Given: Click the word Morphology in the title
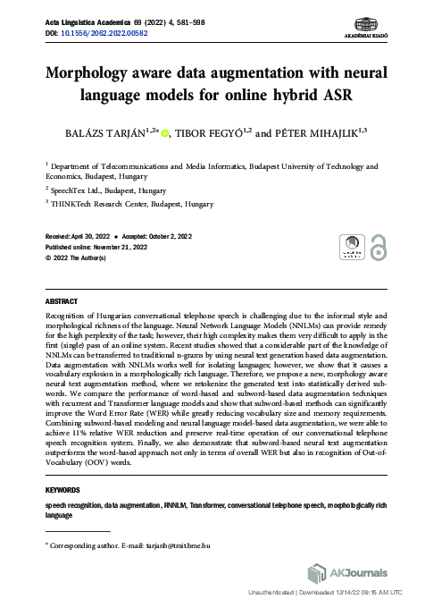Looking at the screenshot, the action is (x=98, y=74).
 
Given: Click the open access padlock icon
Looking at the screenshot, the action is (x=379, y=247).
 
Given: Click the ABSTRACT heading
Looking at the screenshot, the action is (x=62, y=300).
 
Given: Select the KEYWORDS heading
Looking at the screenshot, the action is (x=64, y=490).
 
